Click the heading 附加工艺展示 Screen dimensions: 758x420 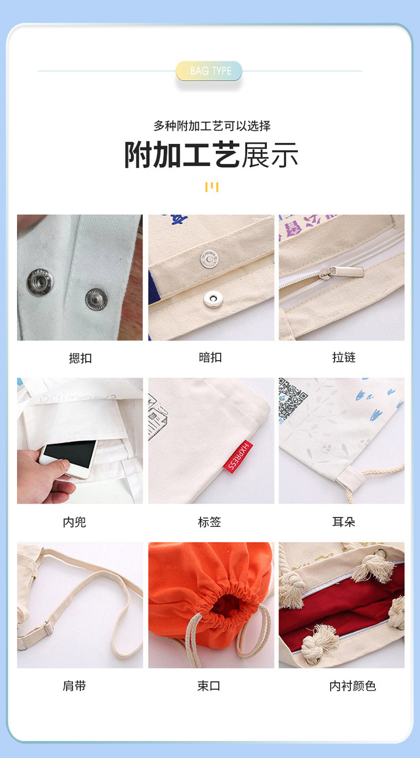pyautogui.click(x=211, y=155)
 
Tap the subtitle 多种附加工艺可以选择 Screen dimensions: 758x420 pyautogui.click(x=212, y=126)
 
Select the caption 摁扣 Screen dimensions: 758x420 pyautogui.click(x=80, y=358)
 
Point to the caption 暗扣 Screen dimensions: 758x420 pyautogui.click(x=211, y=357)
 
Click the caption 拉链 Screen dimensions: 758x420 pyautogui.click(x=343, y=357)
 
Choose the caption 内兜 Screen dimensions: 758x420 pyautogui.click(x=74, y=522)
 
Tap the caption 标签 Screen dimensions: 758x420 pyautogui.click(x=209, y=522)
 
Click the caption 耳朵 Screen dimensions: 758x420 pyautogui.click(x=343, y=522)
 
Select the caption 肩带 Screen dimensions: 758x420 pyautogui.click(x=74, y=686)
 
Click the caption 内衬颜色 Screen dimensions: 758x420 pyautogui.click(x=352, y=686)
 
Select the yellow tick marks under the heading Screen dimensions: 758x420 pyautogui.click(x=212, y=186)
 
